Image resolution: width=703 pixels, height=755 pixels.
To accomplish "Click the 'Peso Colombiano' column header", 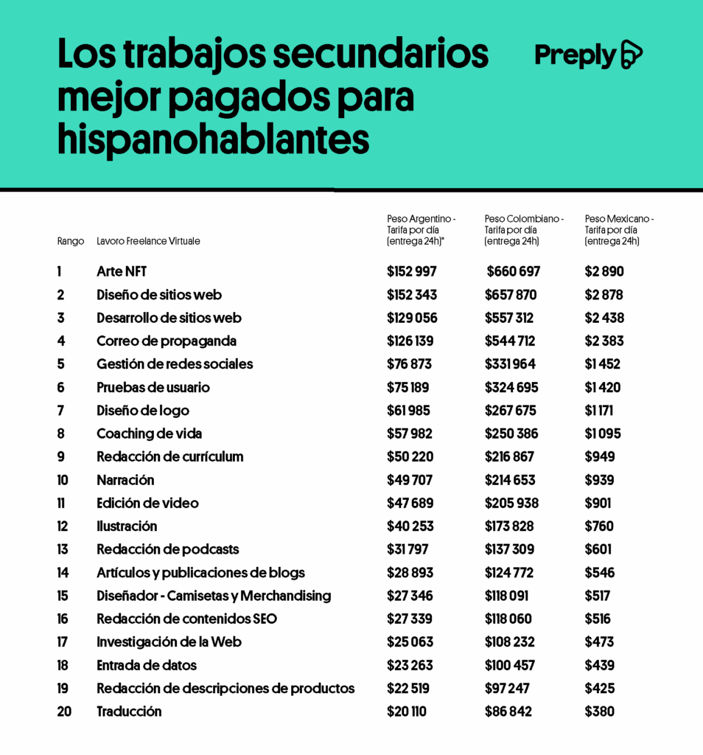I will click(524, 219).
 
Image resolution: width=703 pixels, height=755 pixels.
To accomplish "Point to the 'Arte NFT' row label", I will click(122, 271).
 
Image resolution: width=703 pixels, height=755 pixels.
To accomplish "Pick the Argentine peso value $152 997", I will click(412, 271).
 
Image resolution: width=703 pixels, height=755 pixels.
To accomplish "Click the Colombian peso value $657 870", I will click(511, 295).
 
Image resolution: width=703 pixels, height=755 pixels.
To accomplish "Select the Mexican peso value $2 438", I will click(604, 318).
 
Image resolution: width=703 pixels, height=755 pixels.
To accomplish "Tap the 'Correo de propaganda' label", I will click(167, 341).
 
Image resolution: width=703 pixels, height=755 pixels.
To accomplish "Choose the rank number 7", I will click(60, 411).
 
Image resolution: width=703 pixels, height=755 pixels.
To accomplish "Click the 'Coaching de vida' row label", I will click(149, 434).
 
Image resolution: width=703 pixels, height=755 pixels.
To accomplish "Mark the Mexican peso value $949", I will click(600, 457).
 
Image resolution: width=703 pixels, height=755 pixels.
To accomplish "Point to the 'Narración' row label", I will click(125, 480).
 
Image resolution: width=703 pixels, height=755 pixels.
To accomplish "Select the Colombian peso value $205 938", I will click(511, 504).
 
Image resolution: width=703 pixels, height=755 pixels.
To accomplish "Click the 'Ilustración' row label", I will click(127, 526).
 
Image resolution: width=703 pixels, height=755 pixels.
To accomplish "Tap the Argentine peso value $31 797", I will click(408, 549).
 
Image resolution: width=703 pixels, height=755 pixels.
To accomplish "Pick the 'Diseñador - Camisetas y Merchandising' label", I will click(214, 596).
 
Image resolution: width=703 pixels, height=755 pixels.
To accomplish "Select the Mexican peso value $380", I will click(600, 711).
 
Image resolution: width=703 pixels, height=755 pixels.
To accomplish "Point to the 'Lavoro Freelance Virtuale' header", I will click(148, 241).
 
